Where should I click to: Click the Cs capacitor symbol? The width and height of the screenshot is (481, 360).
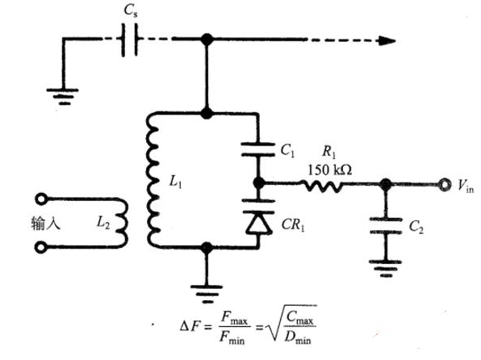pyautogui.click(x=130, y=40)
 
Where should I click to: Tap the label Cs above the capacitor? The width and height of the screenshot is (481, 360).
pyautogui.click(x=131, y=11)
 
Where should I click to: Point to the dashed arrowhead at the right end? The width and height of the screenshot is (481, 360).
pyautogui.click(x=387, y=40)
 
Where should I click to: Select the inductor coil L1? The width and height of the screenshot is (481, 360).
pyautogui.click(x=153, y=180)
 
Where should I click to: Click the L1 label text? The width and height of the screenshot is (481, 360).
pyautogui.click(x=175, y=182)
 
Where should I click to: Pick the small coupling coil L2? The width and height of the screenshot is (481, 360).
pyautogui.click(x=122, y=223)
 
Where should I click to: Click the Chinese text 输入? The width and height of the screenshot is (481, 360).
pyautogui.click(x=45, y=223)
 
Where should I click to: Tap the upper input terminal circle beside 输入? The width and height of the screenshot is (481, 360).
pyautogui.click(x=41, y=199)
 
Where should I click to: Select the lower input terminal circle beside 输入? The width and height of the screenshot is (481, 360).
pyautogui.click(x=41, y=247)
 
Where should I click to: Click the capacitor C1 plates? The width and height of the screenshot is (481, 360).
pyautogui.click(x=258, y=149)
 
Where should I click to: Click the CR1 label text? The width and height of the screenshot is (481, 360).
pyautogui.click(x=293, y=225)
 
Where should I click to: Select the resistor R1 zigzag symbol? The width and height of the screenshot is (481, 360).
pyautogui.click(x=321, y=186)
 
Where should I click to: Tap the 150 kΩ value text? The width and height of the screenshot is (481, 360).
pyautogui.click(x=329, y=170)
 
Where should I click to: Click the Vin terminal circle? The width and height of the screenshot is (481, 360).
pyautogui.click(x=444, y=185)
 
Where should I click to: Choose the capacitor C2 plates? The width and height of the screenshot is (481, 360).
pyautogui.click(x=386, y=226)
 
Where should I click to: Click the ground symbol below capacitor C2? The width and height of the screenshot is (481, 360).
pyautogui.click(x=386, y=269)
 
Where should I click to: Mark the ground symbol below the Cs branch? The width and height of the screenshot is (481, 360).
pyautogui.click(x=63, y=97)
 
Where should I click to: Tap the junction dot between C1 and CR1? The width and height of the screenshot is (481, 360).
pyautogui.click(x=258, y=183)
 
